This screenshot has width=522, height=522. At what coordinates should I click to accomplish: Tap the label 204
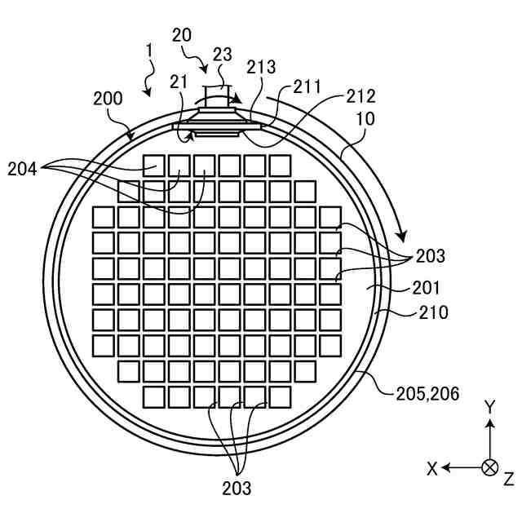(23, 170)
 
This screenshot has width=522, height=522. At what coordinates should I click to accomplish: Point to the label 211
(307, 86)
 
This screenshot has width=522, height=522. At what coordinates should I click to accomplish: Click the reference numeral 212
(359, 95)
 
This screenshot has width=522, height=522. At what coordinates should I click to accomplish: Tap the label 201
(426, 287)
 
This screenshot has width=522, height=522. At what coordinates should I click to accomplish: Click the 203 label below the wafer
(237, 489)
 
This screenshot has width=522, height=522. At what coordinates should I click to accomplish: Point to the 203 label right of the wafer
(430, 256)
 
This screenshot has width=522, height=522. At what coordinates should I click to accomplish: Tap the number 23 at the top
(223, 55)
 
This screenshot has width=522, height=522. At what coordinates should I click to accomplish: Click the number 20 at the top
(182, 34)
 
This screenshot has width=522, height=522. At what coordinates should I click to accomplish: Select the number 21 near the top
(180, 81)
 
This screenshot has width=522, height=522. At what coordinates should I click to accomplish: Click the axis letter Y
(489, 406)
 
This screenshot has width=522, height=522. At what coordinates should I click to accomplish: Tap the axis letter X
(432, 468)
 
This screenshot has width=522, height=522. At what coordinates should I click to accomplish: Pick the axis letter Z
(508, 478)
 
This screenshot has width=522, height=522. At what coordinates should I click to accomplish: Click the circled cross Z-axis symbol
(489, 468)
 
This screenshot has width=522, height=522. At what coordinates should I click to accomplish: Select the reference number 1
(149, 51)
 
